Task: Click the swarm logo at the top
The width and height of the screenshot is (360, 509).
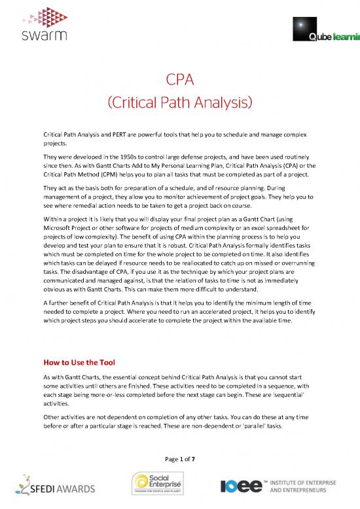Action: [x=40, y=24]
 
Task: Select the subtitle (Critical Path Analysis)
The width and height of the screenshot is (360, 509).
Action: [x=179, y=104]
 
